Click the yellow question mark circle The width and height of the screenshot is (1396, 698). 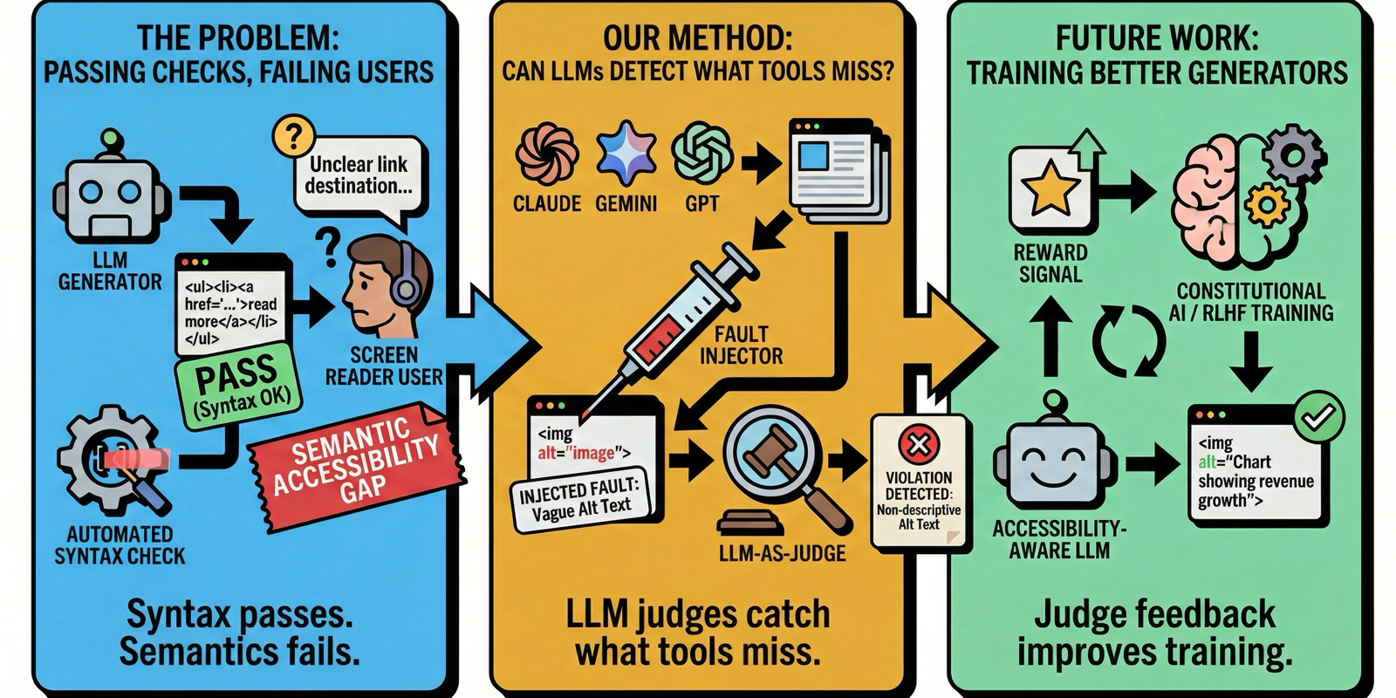coord(293,137)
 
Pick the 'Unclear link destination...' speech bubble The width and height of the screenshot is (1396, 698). coord(358,175)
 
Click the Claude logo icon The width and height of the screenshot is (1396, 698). coord(546,155)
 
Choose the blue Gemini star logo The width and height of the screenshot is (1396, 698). coord(626,153)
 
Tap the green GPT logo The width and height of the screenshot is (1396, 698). coord(701,153)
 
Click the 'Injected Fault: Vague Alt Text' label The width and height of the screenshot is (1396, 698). coord(580,500)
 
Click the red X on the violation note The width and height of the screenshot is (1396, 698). coord(918,446)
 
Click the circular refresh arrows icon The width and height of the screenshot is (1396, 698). coord(1130,342)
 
